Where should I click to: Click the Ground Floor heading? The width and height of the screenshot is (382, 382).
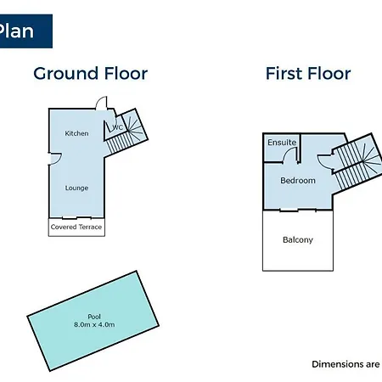point(91,74)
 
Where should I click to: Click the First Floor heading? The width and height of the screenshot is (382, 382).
point(308,74)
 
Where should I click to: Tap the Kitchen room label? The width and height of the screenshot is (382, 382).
point(76,133)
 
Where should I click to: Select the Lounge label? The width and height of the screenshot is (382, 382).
point(76,188)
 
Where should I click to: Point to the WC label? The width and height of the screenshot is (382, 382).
point(118,127)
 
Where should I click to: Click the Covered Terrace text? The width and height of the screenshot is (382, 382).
point(76,227)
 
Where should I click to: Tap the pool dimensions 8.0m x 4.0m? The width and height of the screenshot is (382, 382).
point(94,324)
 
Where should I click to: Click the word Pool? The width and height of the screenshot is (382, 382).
point(94,317)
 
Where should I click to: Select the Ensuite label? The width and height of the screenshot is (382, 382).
point(282,143)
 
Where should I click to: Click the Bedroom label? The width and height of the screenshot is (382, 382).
point(298,181)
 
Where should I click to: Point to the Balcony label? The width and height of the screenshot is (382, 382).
point(298,240)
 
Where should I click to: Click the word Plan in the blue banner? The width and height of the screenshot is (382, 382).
point(16,31)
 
